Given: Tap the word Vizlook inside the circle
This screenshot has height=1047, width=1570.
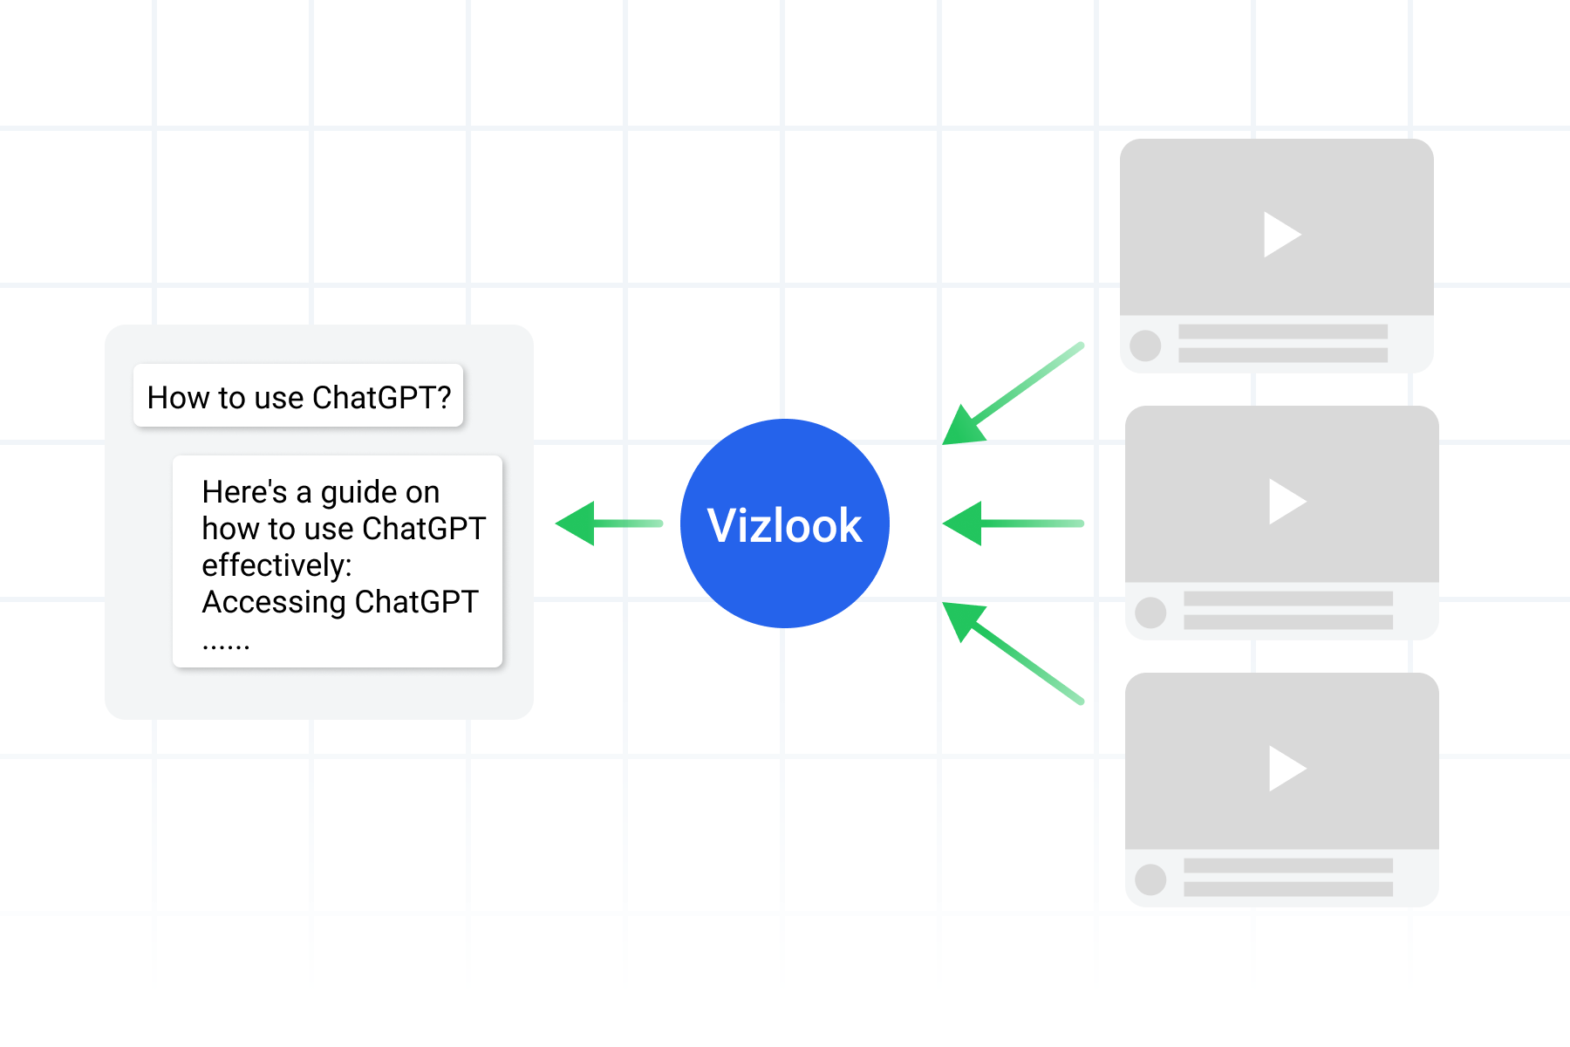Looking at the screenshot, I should click(784, 525).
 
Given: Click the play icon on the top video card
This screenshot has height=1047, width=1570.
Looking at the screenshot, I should click(1280, 234).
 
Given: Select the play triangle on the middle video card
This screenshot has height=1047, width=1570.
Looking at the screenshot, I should click(1286, 501).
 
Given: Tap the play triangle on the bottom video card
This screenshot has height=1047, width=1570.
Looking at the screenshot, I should click(1286, 768).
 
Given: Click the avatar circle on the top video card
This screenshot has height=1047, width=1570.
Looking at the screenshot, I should click(1145, 346).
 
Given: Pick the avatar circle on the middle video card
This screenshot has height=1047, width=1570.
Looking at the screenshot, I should click(1150, 612).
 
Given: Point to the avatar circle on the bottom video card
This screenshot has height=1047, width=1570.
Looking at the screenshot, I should click(1150, 879).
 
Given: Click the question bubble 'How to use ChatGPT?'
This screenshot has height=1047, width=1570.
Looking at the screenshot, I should click(298, 397).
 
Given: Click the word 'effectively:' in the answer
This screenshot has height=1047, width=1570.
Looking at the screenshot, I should click(276, 565).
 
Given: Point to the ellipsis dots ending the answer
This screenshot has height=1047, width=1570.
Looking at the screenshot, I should click(226, 646).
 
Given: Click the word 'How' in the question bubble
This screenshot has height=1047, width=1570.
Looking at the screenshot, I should click(178, 398).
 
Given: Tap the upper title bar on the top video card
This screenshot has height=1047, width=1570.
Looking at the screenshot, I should click(1282, 332).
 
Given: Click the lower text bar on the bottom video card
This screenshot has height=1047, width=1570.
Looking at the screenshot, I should click(1287, 889).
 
